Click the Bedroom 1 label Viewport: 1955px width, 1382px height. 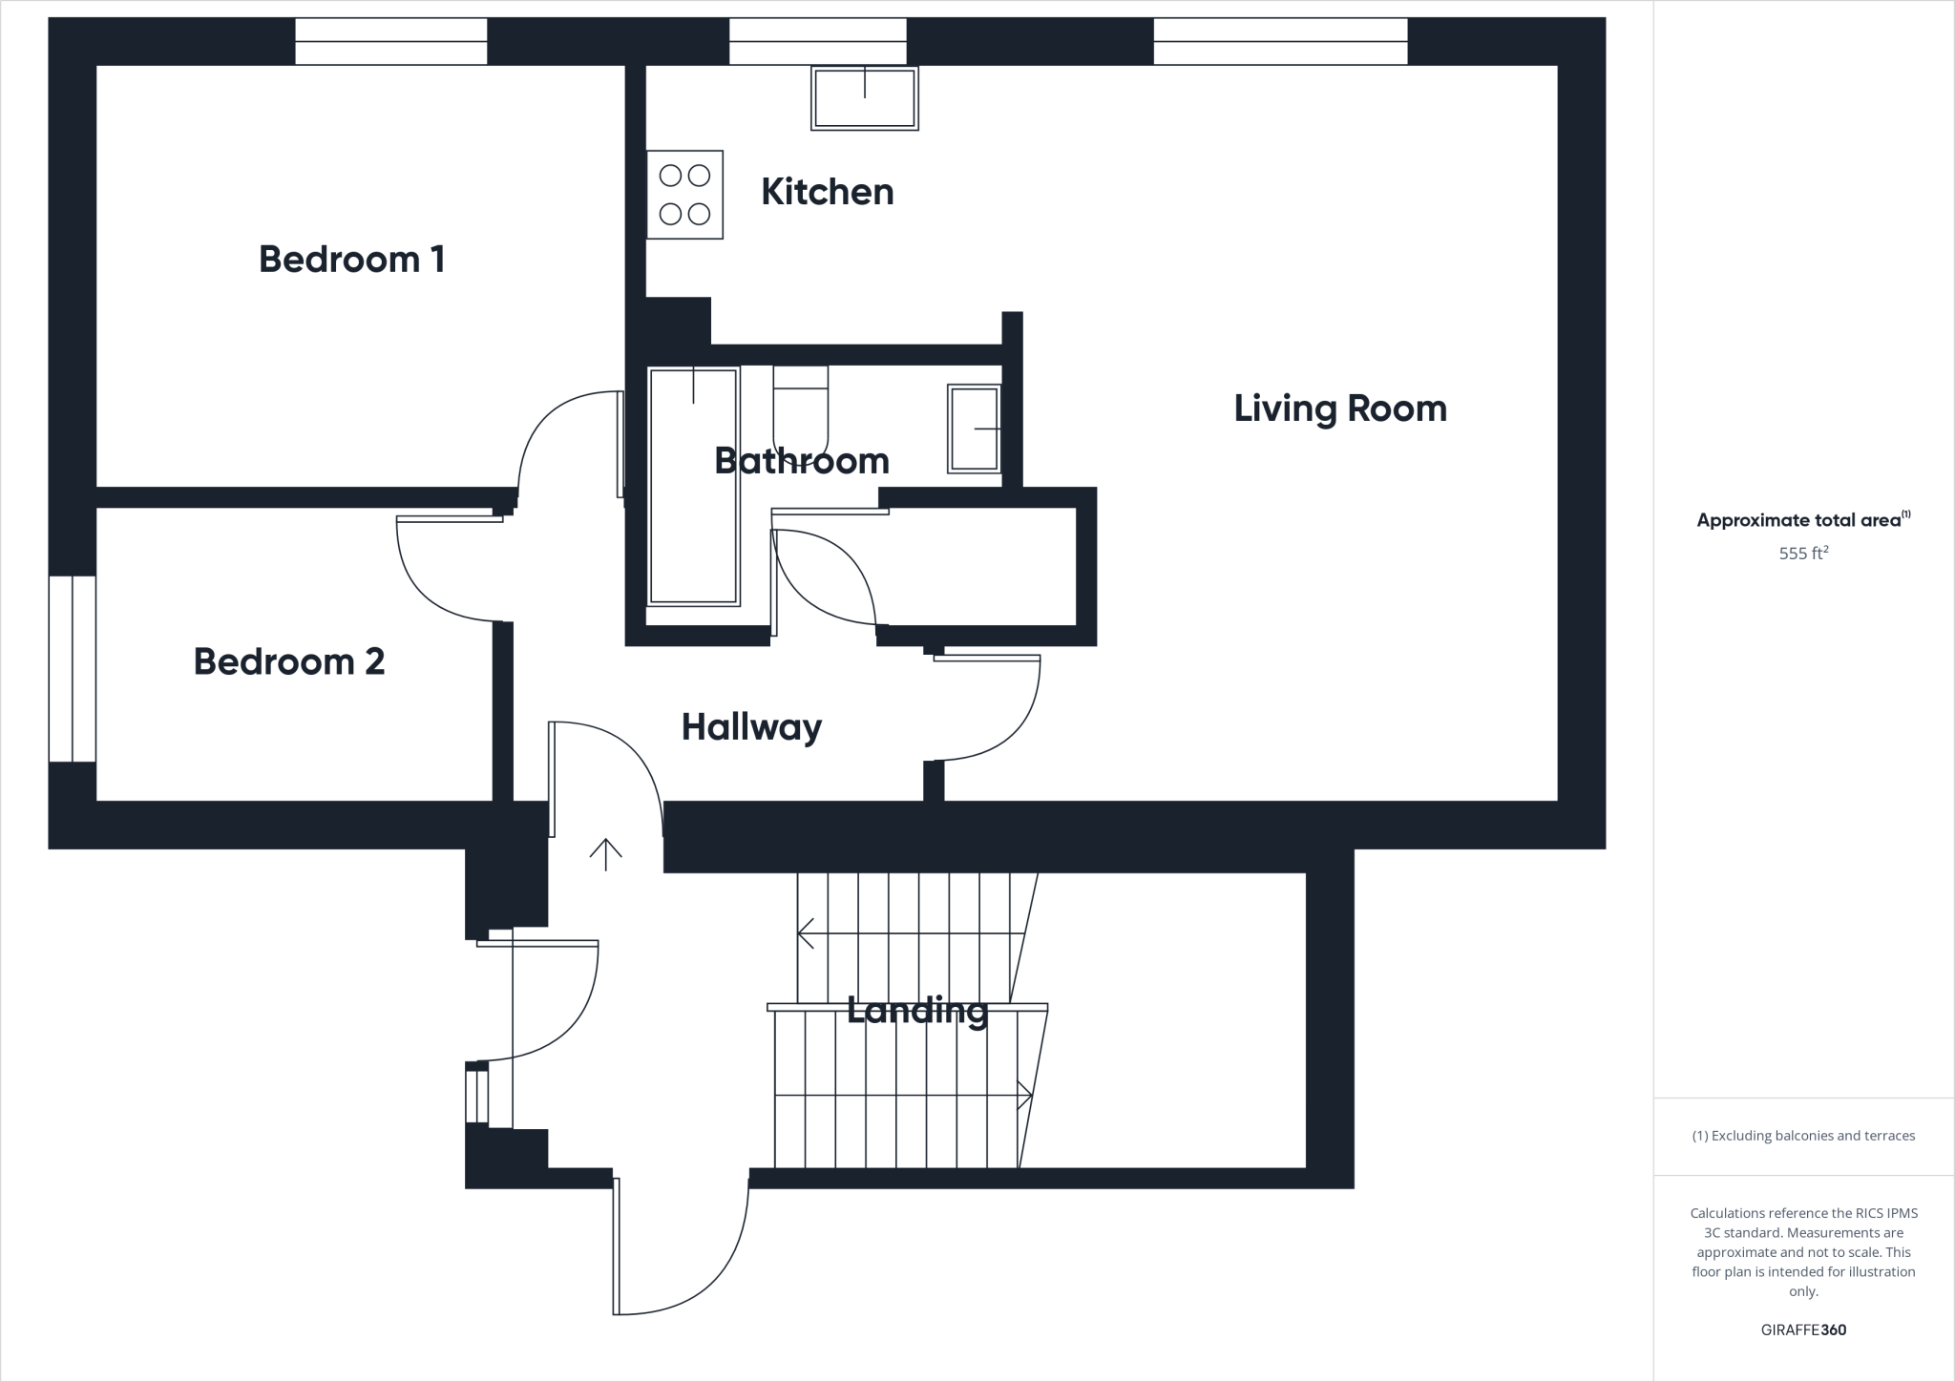[x=351, y=260]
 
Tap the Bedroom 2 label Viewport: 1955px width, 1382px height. [x=288, y=661]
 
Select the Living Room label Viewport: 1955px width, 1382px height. [x=1339, y=408]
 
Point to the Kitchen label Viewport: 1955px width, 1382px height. [x=827, y=192]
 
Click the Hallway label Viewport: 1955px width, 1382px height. [x=751, y=727]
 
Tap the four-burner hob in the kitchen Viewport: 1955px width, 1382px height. [x=684, y=195]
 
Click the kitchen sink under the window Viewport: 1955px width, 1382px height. [x=864, y=97]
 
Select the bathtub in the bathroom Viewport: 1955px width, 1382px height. [x=693, y=486]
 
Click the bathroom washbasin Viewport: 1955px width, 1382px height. [x=974, y=429]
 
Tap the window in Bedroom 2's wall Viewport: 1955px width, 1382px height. [x=73, y=668]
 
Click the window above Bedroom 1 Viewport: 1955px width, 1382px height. [x=390, y=42]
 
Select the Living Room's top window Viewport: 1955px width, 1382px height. [x=1279, y=42]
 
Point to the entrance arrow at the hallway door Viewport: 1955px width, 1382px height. [x=605, y=854]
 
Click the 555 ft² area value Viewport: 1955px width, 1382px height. [x=1802, y=553]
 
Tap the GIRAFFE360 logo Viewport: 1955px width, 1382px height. [x=1802, y=1330]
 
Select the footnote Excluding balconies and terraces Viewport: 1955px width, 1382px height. [x=1802, y=1136]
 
